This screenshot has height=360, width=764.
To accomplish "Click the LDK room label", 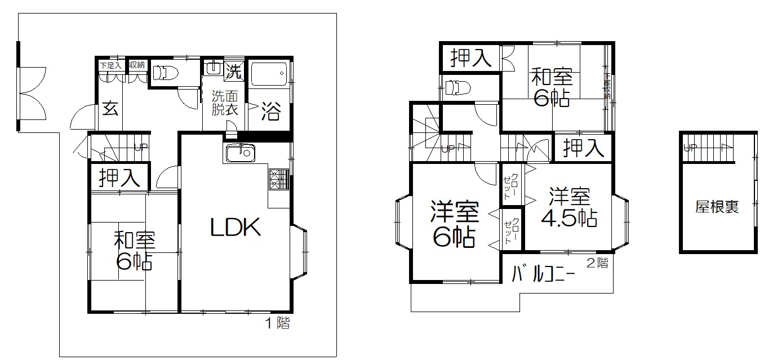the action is [235, 228].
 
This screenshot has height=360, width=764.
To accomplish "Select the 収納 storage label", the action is [137, 65].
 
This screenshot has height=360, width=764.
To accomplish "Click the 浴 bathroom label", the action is [270, 113].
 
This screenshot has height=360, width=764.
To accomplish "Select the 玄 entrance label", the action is [110, 109].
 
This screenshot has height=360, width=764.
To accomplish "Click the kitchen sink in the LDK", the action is [240, 153].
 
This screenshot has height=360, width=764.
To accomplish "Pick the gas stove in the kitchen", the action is [278, 179].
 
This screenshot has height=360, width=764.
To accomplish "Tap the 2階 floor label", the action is [597, 263].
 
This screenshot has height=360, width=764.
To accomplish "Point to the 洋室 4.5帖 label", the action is [570, 207].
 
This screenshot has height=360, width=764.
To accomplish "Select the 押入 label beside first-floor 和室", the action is [119, 177].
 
